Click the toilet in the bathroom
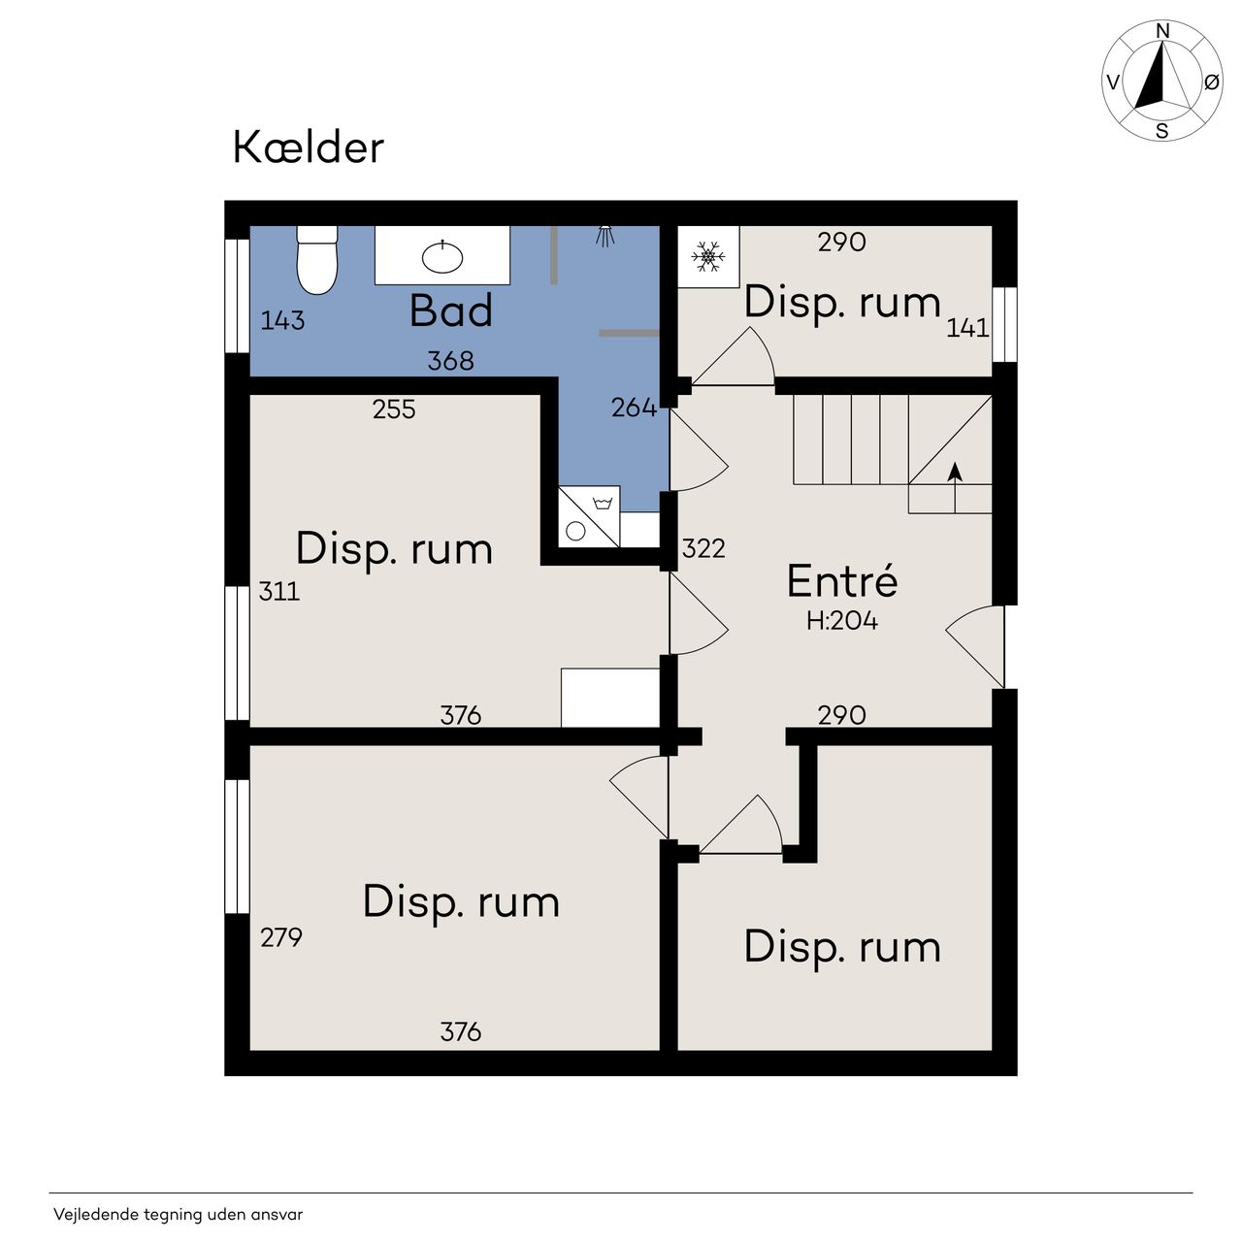pyautogui.click(x=316, y=260)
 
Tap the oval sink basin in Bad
pyautogui.click(x=442, y=258)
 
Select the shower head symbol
pyautogui.click(x=605, y=236)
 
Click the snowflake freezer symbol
pyautogui.click(x=707, y=256)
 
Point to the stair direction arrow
pyautogui.click(x=955, y=487)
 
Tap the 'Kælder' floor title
pyautogui.click(x=309, y=147)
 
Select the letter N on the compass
pyautogui.click(x=1162, y=31)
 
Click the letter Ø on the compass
pyautogui.click(x=1212, y=82)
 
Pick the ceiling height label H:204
pyautogui.click(x=842, y=621)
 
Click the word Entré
pyautogui.click(x=842, y=580)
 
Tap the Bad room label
pyautogui.click(x=450, y=310)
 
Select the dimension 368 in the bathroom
pyautogui.click(x=450, y=361)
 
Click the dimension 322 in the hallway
pyautogui.click(x=703, y=548)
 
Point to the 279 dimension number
pyautogui.click(x=281, y=937)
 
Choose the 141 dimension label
pyautogui.click(x=966, y=328)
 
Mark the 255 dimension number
pyautogui.click(x=394, y=409)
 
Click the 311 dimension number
pyautogui.click(x=279, y=591)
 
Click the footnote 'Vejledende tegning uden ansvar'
pyautogui.click(x=178, y=1215)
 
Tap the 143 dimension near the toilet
pyautogui.click(x=282, y=320)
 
